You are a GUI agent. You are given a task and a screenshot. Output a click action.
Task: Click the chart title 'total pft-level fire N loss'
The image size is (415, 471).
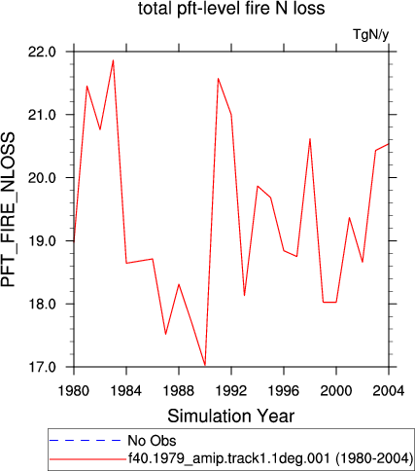tap(231, 9)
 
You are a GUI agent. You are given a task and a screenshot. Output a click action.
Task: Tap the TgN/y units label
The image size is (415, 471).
tap(370, 35)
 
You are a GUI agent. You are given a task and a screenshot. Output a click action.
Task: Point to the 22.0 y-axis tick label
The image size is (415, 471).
tap(43, 52)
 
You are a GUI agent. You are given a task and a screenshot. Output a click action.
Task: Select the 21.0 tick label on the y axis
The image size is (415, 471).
tap(43, 115)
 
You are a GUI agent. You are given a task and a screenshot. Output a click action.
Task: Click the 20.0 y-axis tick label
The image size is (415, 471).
tap(43, 178)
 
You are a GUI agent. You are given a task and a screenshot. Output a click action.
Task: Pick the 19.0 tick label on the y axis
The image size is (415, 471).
tap(43, 241)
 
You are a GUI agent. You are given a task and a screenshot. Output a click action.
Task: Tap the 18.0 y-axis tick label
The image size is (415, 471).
tap(43, 304)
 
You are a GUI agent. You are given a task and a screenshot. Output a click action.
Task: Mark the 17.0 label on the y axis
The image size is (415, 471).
tap(43, 367)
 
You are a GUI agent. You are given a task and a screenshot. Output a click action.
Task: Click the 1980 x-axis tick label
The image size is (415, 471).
tap(74, 390)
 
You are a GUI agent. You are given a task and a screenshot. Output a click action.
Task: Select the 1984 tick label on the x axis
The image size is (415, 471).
tap(126, 390)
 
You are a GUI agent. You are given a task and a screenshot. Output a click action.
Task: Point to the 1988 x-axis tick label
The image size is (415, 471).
tap(179, 390)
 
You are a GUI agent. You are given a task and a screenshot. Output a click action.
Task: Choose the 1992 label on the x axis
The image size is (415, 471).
tap(231, 390)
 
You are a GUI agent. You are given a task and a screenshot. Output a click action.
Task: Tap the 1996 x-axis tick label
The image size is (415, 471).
tap(284, 390)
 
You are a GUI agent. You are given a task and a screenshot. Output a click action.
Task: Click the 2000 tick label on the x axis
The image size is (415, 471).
tap(336, 390)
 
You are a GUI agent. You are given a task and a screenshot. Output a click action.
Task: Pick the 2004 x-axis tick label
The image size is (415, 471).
tap(389, 390)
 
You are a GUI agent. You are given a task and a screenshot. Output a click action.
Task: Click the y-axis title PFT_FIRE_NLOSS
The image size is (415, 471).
tap(9, 209)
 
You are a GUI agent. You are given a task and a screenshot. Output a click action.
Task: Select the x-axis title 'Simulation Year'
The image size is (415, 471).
tap(231, 416)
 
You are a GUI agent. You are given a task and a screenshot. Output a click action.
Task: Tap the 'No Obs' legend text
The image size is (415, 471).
tap(152, 441)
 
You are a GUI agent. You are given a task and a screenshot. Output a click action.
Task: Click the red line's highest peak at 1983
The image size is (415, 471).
tap(113, 60)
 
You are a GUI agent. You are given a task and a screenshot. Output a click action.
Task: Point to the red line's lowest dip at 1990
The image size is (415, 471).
tap(205, 365)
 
